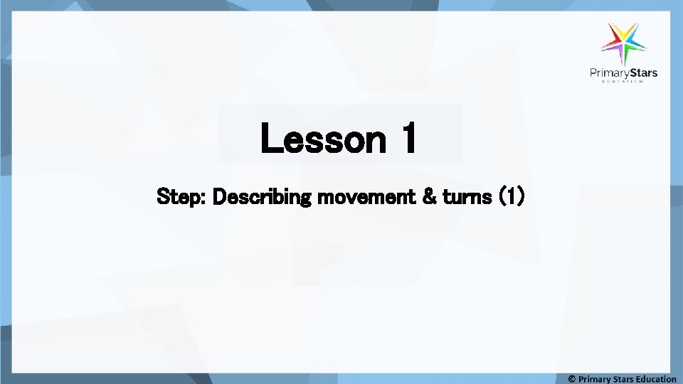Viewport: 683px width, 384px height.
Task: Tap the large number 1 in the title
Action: point(406,139)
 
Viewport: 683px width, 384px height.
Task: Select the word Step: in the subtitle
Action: point(181,196)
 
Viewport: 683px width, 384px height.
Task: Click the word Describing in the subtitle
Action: point(261,196)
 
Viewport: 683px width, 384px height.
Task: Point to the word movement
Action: point(365,196)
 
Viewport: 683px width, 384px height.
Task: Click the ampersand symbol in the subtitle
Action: point(430,196)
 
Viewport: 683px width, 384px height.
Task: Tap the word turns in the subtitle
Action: point(467,196)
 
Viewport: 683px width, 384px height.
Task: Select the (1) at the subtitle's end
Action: point(512,196)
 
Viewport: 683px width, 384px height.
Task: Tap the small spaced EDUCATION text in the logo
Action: point(623,82)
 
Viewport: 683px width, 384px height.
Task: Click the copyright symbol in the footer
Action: point(572,379)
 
